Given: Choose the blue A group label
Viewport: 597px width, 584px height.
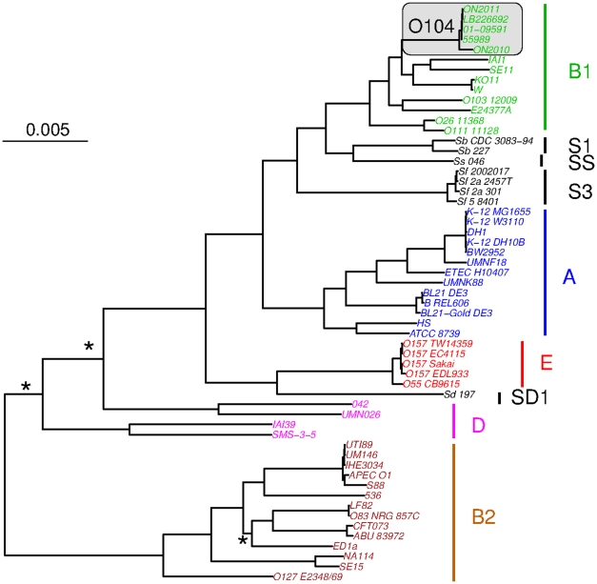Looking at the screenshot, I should click(569, 276).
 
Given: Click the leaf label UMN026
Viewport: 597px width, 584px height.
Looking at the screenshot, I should click(361, 413).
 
